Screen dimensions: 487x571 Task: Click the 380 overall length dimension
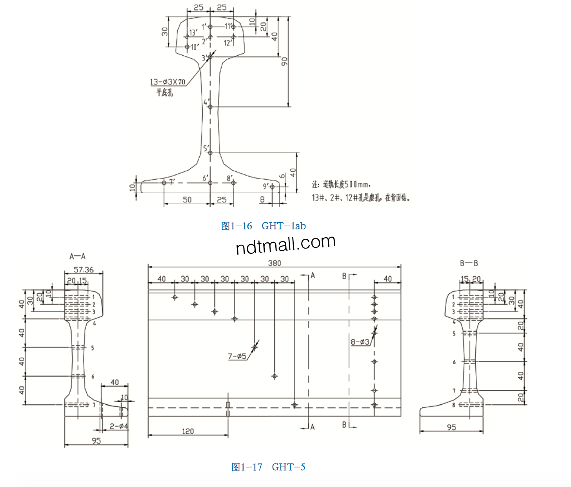(275, 263)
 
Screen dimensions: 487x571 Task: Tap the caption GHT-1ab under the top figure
(264, 226)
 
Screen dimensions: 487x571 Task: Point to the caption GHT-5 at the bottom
(268, 467)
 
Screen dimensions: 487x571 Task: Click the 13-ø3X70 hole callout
(167, 82)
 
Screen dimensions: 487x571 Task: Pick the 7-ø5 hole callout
(237, 356)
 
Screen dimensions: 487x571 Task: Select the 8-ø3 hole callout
(360, 342)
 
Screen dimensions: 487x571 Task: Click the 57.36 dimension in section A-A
(84, 270)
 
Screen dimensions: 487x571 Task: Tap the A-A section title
(77, 256)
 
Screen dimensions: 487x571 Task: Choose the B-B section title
(469, 263)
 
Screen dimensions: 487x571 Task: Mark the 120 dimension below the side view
(188, 431)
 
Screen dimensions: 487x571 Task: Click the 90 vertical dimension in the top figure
(284, 62)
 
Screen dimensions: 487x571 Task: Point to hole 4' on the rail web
(210, 107)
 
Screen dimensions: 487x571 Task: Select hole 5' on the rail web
(210, 153)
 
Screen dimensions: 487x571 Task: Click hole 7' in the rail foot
(164, 183)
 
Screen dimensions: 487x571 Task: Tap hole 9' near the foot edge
(272, 187)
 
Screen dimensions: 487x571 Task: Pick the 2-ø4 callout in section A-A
(119, 426)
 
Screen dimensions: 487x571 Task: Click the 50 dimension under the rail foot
(187, 200)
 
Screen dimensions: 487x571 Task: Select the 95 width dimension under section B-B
(451, 427)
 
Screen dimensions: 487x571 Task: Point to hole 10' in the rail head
(187, 47)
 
